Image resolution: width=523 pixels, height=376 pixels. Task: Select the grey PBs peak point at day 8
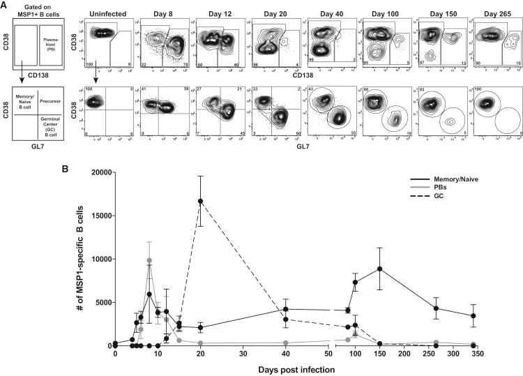click(149, 260)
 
